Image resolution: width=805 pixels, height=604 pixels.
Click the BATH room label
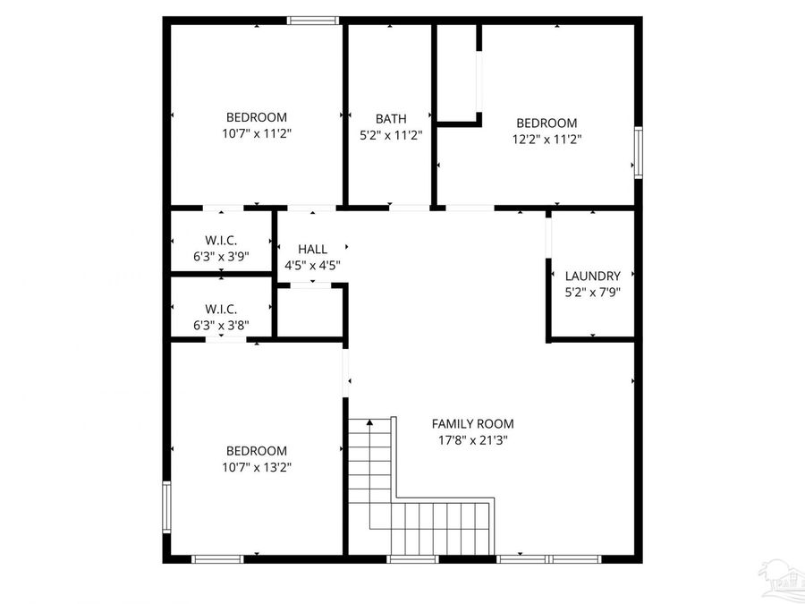click(x=391, y=118)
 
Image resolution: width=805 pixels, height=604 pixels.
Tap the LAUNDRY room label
click(x=592, y=276)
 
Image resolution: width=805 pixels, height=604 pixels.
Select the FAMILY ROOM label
click(x=472, y=423)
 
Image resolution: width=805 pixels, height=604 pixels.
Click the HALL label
click(x=312, y=249)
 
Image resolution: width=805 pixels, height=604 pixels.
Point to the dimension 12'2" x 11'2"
click(x=546, y=139)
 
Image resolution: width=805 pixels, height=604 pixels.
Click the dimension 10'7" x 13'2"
click(x=257, y=466)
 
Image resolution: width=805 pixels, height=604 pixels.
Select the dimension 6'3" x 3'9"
click(x=221, y=256)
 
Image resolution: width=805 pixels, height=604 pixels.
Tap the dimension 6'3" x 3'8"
click(x=221, y=326)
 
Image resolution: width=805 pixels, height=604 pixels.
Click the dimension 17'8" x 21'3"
click(x=472, y=439)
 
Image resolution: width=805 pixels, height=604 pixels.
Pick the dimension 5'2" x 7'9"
click(x=592, y=292)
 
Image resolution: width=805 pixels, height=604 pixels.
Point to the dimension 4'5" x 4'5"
click(x=312, y=265)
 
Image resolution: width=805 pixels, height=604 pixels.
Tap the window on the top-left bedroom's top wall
click(x=313, y=20)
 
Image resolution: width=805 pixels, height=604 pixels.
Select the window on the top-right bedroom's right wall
click(x=638, y=152)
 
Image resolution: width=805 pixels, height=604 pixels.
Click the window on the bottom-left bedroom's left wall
click(x=166, y=507)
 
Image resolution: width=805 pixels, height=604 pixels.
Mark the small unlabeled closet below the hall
click(x=310, y=312)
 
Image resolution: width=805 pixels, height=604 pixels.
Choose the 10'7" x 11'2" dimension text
click(x=257, y=132)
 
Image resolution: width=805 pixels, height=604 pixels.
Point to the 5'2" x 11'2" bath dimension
click(x=391, y=134)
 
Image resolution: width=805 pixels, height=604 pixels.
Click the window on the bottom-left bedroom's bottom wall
click(x=217, y=559)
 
